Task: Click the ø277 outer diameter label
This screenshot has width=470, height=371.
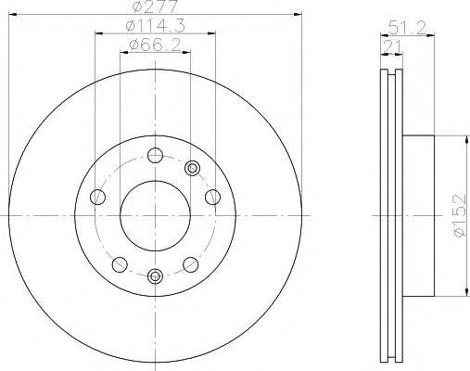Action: (x=155, y=7)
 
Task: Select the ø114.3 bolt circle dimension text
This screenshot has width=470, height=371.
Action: (x=155, y=27)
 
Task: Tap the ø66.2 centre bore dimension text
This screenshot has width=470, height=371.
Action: (x=155, y=45)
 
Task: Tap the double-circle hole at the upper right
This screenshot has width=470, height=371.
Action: (x=192, y=168)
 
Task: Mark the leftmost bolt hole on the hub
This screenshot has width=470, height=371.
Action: (x=96, y=196)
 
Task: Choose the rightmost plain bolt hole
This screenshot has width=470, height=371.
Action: (x=213, y=196)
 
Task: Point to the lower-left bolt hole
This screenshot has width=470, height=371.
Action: (x=120, y=262)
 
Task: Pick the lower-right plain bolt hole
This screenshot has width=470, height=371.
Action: (x=191, y=262)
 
